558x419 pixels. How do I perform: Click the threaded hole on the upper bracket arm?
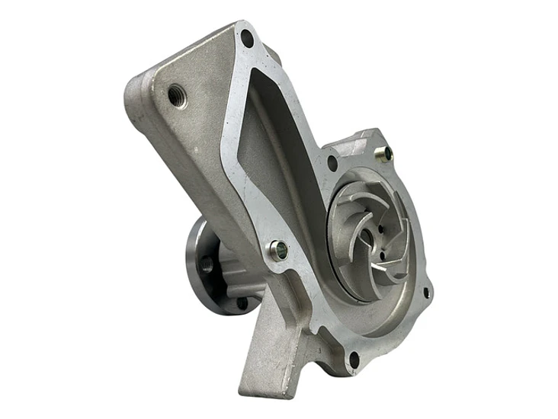pos(178,98)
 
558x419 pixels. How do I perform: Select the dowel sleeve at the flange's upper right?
pos(387,153)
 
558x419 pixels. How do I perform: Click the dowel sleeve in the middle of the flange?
pos(278,248)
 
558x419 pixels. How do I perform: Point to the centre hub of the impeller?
pos(367,237)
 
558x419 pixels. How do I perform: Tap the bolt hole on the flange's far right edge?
pos(425,292)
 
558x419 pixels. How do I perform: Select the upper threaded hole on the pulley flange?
pos(207,264)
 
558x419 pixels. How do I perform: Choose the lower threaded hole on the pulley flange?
pos(242,302)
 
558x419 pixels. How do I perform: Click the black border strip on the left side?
pos(51,209)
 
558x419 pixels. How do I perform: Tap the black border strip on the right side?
pos(504,209)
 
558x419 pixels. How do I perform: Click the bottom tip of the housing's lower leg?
pos(252,390)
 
